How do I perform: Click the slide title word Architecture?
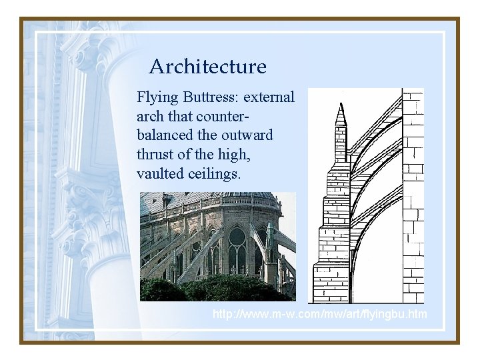pyautogui.click(x=207, y=67)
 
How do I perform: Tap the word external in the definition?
pyautogui.click(x=269, y=97)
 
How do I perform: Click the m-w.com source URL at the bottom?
pyautogui.click(x=319, y=314)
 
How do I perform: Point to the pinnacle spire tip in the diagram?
pyautogui.click(x=341, y=114)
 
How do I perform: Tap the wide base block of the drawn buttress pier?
pyautogui.click(x=331, y=283)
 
